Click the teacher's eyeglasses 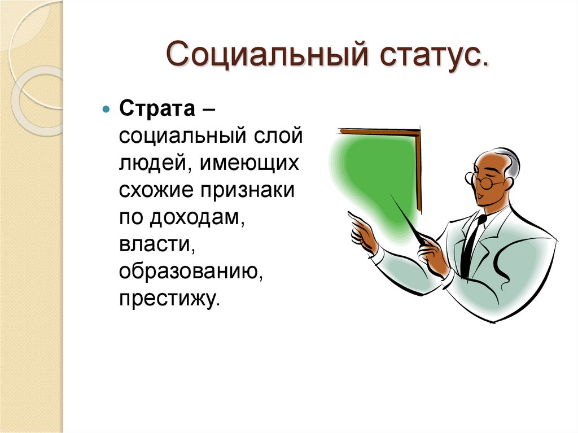click(x=482, y=181)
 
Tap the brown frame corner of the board click(x=418, y=134)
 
